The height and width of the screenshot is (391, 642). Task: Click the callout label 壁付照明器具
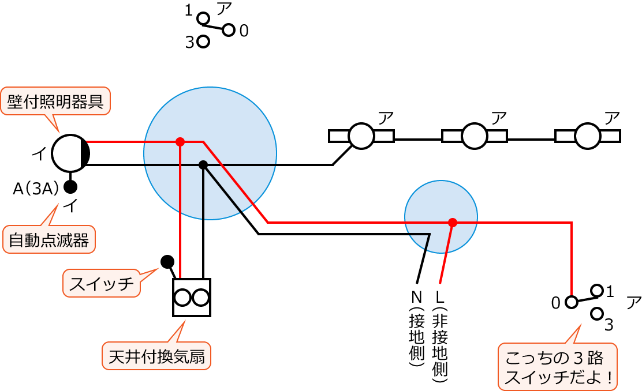[55, 101]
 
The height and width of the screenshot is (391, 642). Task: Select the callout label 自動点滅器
[49, 239]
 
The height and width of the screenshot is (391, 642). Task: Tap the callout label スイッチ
[102, 283]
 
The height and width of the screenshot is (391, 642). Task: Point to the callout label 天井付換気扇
[156, 356]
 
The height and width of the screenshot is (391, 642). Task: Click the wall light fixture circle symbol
[70, 153]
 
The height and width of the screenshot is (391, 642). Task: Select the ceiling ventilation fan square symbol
[192, 298]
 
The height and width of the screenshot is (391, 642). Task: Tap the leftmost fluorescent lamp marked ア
[361, 136]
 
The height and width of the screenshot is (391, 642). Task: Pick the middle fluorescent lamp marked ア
[475, 136]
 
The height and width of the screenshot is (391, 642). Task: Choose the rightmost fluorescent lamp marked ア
[588, 136]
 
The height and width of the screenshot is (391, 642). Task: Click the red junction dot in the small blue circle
[452, 223]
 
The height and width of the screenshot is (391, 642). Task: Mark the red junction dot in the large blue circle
[180, 142]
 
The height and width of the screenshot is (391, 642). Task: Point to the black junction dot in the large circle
[203, 165]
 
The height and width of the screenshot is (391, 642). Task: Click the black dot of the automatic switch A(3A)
[70, 187]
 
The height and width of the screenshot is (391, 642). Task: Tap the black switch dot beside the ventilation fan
[167, 262]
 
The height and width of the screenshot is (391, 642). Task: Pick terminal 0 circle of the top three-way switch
[229, 30]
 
